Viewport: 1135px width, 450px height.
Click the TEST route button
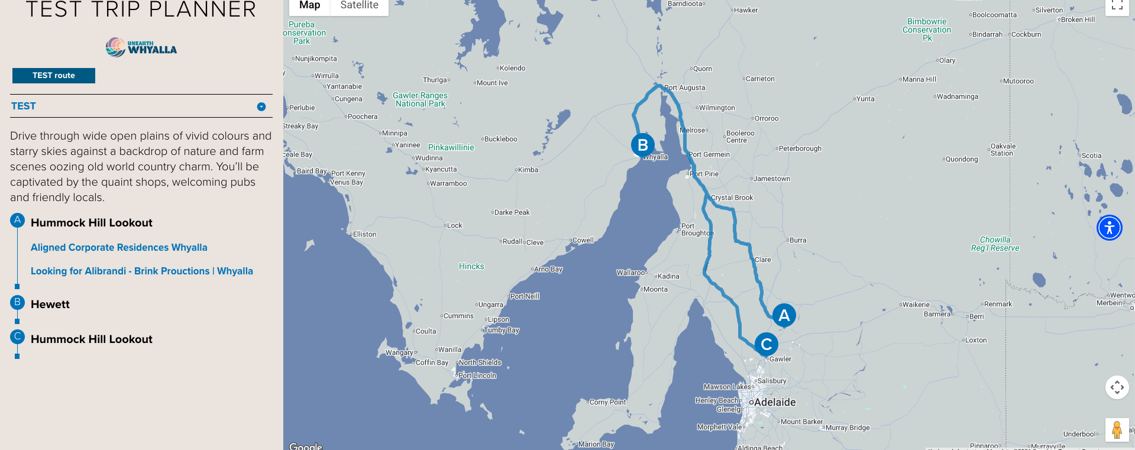54,76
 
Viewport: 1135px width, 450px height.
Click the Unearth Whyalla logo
141,47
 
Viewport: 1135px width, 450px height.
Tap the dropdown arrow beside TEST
261,106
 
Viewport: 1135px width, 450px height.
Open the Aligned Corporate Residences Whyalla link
119,247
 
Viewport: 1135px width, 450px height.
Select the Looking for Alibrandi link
142,271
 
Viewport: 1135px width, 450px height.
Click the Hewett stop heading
50,305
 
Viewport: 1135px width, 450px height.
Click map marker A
784,315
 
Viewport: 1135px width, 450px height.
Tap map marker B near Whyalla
643,145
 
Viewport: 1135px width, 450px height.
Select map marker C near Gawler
766,344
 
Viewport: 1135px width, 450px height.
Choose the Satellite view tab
359,5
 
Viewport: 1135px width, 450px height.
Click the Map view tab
309,5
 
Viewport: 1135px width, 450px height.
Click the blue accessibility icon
1109,228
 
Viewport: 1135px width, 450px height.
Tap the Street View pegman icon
1116,430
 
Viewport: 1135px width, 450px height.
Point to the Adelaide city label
775,402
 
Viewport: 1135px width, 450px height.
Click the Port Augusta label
684,88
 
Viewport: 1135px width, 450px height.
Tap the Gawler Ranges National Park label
420,99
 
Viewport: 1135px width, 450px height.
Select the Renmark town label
998,304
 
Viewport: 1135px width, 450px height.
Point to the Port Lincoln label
477,375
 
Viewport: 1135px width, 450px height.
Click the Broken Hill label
1078,20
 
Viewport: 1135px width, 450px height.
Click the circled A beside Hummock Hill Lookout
17,221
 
